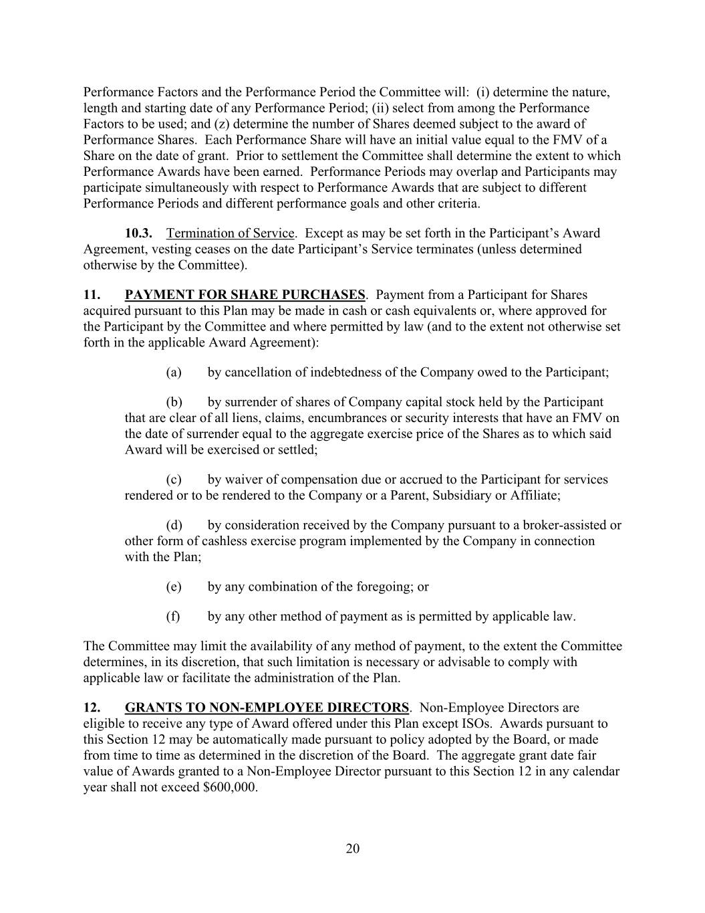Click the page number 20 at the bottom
click(353, 849)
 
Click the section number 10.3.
click(138, 233)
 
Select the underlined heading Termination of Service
click(231, 233)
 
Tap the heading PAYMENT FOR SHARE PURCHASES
click(245, 295)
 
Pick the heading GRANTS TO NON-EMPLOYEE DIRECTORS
click(267, 708)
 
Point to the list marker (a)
click(173, 373)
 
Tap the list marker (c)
click(173, 480)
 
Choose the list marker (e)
click(173, 587)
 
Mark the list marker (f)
click(172, 616)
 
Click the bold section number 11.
click(92, 295)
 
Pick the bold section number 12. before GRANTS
click(92, 708)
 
